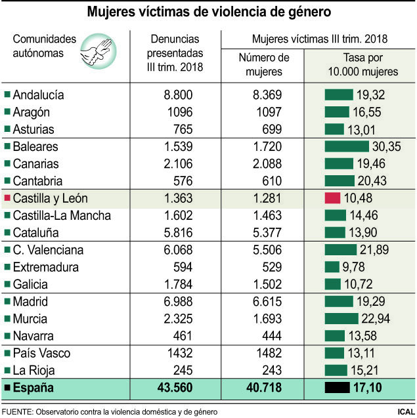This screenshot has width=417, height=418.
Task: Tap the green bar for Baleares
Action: (347, 146)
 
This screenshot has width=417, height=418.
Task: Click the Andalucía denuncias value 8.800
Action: (178, 95)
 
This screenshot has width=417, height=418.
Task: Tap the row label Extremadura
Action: (46, 268)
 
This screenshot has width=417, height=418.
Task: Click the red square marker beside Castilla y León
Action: (7, 199)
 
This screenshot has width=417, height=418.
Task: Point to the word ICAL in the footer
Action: (401, 411)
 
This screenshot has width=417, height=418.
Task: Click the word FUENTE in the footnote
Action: (18, 411)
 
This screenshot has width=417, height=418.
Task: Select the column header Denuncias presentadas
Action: (175, 52)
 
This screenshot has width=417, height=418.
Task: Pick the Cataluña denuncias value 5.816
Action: (178, 233)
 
